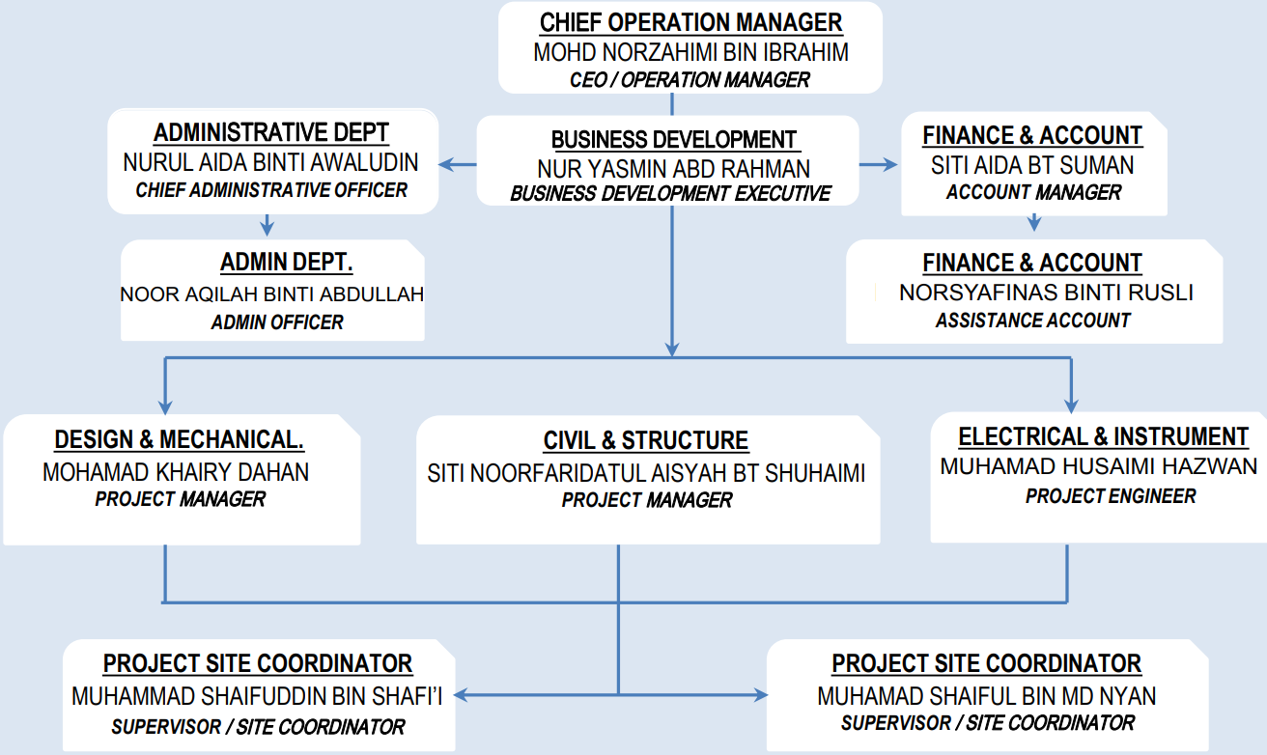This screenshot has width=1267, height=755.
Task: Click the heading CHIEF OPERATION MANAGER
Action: (690, 22)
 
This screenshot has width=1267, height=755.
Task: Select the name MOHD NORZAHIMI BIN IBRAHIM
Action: (690, 52)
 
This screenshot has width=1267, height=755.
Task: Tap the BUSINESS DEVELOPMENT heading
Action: (674, 140)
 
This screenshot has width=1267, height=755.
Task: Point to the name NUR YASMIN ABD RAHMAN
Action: (673, 169)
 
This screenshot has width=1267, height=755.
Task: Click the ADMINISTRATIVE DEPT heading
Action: (271, 132)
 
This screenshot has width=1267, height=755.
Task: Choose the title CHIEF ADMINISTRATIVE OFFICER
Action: (271, 190)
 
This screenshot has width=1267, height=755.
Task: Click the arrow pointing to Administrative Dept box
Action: (458, 164)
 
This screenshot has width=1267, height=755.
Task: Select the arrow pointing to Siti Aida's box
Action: (879, 164)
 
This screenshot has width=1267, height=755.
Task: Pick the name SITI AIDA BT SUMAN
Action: (1032, 166)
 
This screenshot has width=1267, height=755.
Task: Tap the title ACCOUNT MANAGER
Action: (1033, 192)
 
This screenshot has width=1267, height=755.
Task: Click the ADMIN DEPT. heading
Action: (286, 263)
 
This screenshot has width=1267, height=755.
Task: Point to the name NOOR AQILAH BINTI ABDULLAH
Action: (272, 294)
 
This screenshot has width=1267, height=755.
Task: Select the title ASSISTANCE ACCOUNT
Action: (1033, 321)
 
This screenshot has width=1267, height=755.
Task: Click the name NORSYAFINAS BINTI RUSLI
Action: (1046, 293)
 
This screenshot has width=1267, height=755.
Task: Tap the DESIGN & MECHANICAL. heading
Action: (179, 439)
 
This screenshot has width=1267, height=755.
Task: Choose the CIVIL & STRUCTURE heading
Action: (646, 440)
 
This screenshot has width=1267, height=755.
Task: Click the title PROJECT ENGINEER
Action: (1111, 496)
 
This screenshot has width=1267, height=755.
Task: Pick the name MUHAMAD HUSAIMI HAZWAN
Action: (1098, 466)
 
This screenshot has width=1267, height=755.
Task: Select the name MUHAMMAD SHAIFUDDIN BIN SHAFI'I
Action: (257, 697)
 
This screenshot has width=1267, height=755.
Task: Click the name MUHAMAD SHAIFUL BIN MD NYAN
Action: (986, 697)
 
